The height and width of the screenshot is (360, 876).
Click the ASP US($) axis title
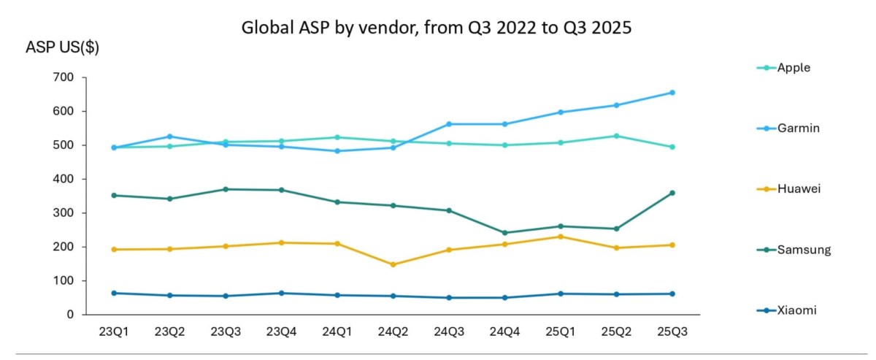(62, 48)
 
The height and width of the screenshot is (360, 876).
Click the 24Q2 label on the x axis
(393, 332)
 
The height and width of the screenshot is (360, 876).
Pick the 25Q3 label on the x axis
(672, 332)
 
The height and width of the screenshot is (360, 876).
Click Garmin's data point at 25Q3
(672, 93)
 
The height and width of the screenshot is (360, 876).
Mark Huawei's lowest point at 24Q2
(393, 264)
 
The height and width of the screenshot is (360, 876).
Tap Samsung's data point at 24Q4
(504, 233)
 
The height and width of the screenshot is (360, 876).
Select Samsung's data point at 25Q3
(672, 193)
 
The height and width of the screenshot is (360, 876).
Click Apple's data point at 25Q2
(616, 136)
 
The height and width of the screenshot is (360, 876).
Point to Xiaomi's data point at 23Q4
(281, 293)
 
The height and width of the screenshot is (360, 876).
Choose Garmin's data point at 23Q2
(169, 137)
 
